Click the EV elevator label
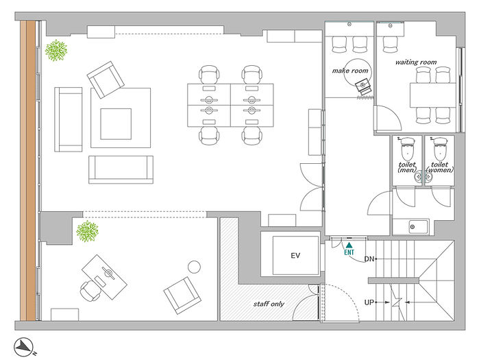(295, 256)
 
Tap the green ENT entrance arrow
(349, 245)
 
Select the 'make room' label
(350, 71)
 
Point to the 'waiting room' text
(416, 62)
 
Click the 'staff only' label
(269, 304)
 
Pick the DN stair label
(369, 259)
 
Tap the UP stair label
(369, 302)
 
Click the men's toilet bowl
(407, 149)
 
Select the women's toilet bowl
(439, 149)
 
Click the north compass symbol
(23, 348)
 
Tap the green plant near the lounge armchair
(56, 51)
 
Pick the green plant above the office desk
(87, 231)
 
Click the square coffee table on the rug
(116, 123)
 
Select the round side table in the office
(194, 267)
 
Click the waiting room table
(433, 95)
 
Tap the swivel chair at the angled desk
(90, 291)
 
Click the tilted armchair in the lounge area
(106, 80)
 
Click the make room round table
(358, 73)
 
